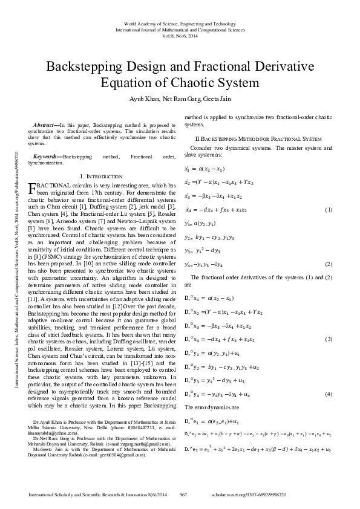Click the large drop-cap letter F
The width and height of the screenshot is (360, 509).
[33, 188]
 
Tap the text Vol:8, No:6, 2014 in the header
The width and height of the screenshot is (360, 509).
[180, 34]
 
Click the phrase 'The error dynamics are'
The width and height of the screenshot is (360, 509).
[208, 407]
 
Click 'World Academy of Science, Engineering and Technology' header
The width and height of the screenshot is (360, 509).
[180, 22]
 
